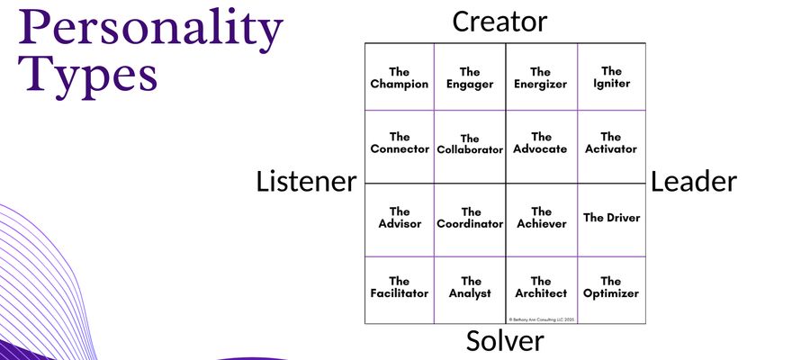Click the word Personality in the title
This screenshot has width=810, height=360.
point(150,31)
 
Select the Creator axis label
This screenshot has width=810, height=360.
point(499,21)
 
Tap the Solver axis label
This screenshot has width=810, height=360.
point(505,342)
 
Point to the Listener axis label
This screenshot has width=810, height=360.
point(306,182)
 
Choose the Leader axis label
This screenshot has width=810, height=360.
point(694,182)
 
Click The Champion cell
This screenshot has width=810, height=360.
point(400,77)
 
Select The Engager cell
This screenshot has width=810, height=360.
point(470,77)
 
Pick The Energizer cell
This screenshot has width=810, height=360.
point(540,77)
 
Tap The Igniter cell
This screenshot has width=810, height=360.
point(611,77)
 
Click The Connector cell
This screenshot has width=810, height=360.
point(400,143)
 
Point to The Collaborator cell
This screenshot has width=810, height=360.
point(470,144)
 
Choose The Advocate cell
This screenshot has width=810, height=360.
point(540,143)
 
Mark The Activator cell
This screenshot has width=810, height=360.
point(611,143)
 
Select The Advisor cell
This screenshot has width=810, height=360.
point(400,218)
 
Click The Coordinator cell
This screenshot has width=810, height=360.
point(470,218)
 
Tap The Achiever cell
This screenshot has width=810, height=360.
point(540,218)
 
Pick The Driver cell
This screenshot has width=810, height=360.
point(611,218)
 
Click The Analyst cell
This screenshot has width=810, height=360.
point(470,287)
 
